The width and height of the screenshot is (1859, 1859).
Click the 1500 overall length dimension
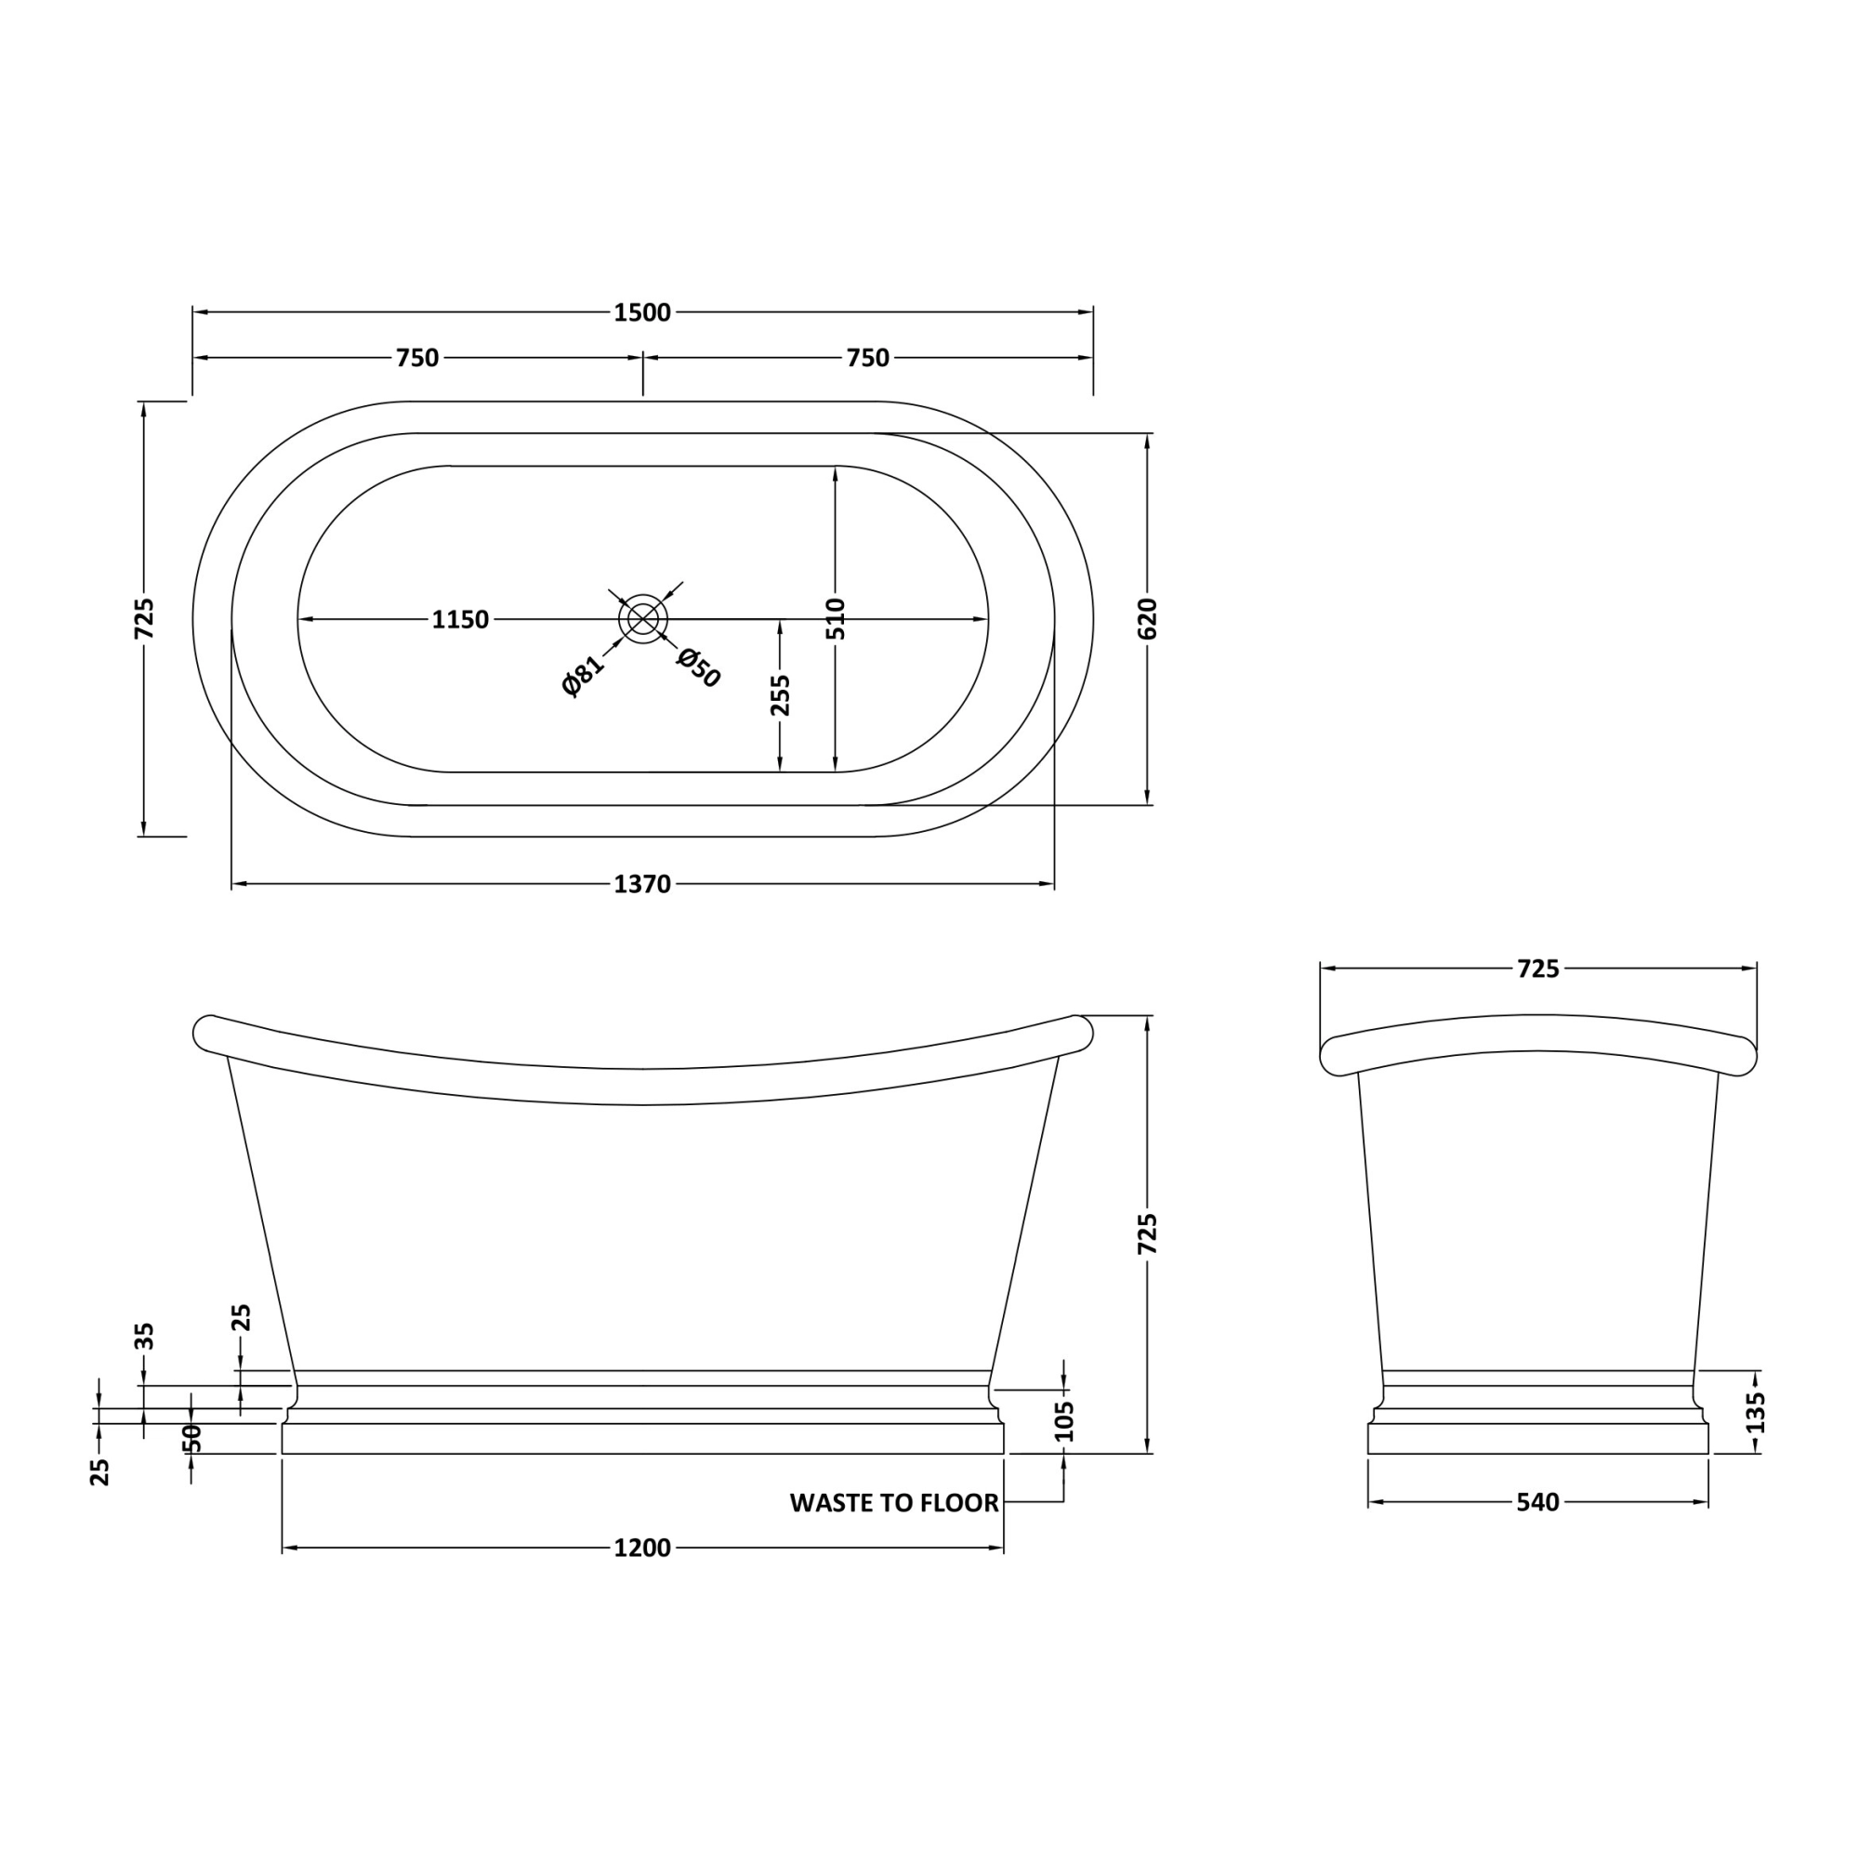point(643,312)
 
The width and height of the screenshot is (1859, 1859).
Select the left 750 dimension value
point(417,358)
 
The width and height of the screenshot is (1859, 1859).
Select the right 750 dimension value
point(868,358)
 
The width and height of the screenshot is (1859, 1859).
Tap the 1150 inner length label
point(460,620)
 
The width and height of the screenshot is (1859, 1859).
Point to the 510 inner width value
point(836,619)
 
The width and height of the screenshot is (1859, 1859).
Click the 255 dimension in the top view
point(781,694)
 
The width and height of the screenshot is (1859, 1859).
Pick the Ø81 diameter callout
point(583,675)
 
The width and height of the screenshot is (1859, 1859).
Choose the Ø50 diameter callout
point(699,667)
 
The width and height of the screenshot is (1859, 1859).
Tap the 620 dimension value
point(1148,619)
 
